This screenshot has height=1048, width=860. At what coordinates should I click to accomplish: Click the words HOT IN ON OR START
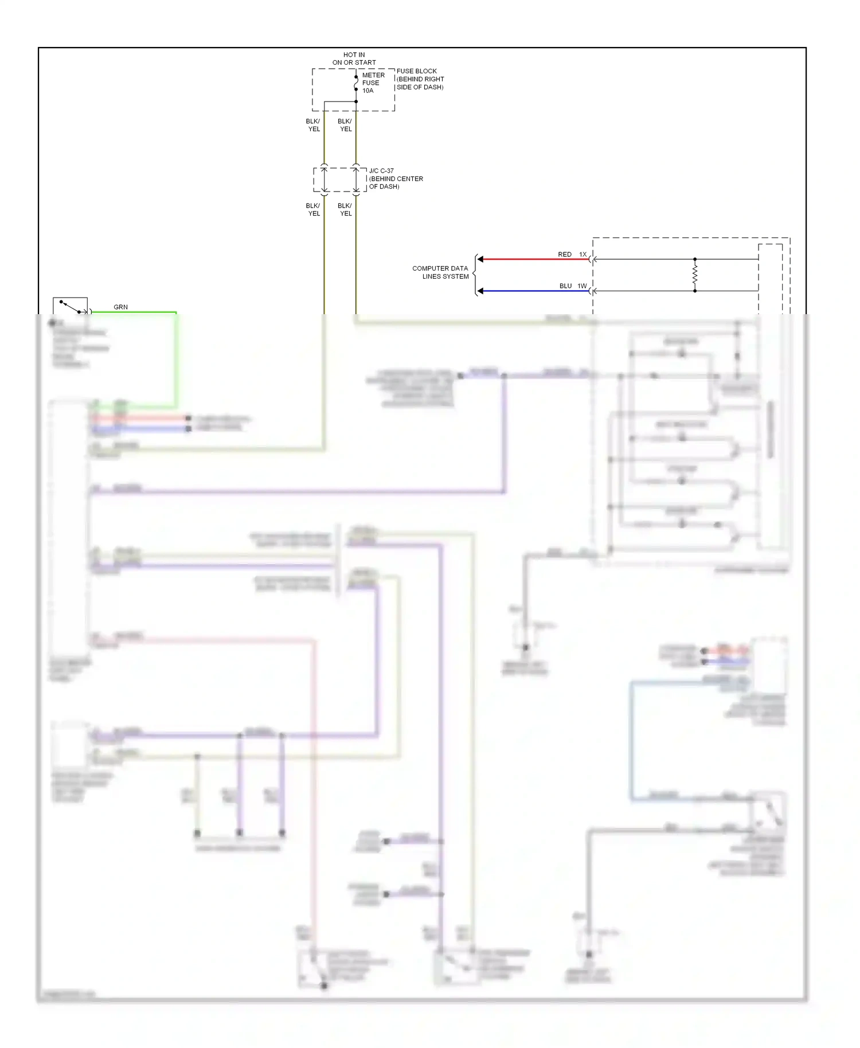click(x=354, y=58)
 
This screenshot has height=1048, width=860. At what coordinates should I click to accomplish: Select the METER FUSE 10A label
click(x=373, y=83)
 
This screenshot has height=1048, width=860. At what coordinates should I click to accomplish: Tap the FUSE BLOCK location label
click(x=420, y=79)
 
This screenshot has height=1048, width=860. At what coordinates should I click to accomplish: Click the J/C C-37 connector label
click(x=396, y=178)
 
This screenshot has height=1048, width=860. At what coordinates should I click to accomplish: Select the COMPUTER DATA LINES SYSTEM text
click(x=440, y=272)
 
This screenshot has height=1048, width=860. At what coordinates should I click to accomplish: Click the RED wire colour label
click(x=564, y=254)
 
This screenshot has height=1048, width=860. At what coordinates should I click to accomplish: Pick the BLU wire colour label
click(x=565, y=286)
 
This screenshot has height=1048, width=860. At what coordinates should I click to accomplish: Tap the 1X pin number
click(x=583, y=254)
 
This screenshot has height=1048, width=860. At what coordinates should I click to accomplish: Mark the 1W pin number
click(x=582, y=286)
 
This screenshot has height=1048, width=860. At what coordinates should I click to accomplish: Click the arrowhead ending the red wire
click(x=480, y=259)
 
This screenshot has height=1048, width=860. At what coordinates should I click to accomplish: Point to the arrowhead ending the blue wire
click(x=480, y=291)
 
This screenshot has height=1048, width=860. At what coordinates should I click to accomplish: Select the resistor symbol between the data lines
click(x=695, y=275)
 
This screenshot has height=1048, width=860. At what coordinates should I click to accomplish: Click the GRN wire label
click(x=120, y=307)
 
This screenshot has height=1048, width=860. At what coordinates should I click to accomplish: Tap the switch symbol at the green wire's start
click(x=70, y=306)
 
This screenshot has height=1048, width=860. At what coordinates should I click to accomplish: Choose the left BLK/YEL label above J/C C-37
click(x=313, y=125)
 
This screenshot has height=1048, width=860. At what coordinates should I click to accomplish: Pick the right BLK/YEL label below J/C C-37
click(x=345, y=209)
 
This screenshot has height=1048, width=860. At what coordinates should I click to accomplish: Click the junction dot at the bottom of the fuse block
click(x=356, y=101)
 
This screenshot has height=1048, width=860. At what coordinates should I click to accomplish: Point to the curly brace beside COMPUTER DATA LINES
click(x=475, y=275)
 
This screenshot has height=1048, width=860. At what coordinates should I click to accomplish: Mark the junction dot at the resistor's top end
click(x=695, y=259)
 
